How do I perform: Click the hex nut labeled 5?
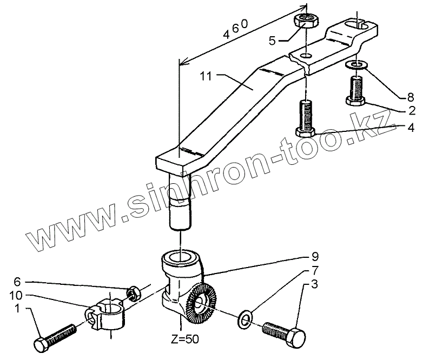[x=306, y=22]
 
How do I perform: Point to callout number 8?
[x=402, y=98]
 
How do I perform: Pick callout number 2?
[x=412, y=111]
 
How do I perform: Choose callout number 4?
[x=412, y=128]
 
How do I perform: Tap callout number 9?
[x=314, y=256]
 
